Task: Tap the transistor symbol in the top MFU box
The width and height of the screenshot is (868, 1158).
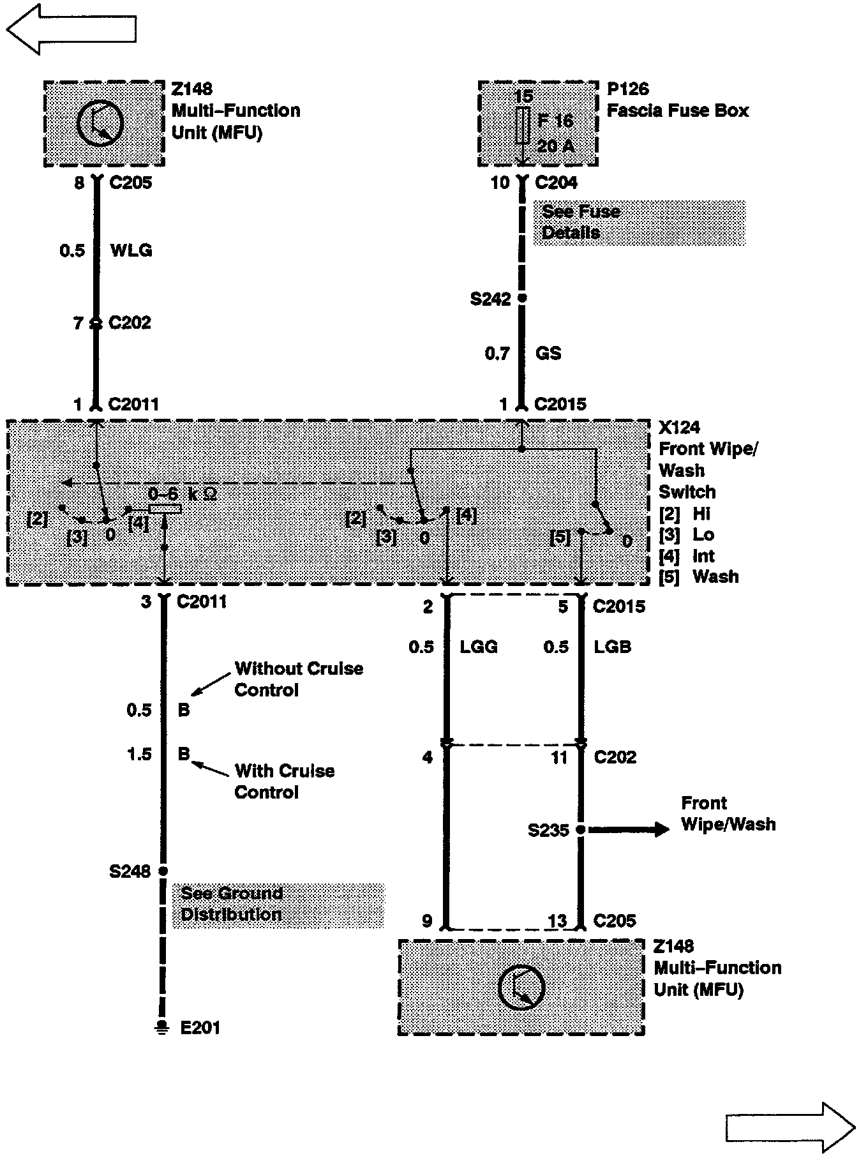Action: (100, 123)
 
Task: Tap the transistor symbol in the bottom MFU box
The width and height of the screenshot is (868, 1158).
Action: (521, 988)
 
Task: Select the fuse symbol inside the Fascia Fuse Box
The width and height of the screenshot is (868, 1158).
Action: (523, 125)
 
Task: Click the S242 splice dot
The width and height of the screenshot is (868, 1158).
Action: (522, 298)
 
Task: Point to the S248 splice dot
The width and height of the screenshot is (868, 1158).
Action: (163, 871)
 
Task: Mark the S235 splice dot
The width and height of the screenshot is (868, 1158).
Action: (580, 829)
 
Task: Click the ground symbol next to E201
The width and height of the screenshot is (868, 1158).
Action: (163, 1027)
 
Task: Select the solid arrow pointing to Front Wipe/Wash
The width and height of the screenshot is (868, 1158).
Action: (629, 829)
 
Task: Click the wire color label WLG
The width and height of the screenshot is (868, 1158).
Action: (131, 250)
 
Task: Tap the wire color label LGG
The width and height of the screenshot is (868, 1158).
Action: (479, 647)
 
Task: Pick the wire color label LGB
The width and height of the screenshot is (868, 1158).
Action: (613, 647)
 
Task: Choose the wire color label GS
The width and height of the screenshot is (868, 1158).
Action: (549, 353)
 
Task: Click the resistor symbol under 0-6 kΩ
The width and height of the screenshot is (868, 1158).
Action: (165, 509)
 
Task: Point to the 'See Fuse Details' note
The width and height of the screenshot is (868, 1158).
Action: (638, 222)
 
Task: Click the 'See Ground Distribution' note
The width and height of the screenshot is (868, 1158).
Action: (278, 904)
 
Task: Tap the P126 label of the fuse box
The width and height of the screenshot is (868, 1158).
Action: (627, 89)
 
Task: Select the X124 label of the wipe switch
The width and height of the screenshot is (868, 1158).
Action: (679, 427)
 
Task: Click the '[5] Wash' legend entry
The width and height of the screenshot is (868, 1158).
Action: (699, 577)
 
